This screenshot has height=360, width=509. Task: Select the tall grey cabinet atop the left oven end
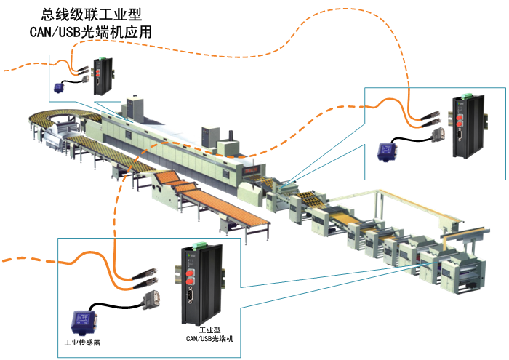(135, 109)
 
